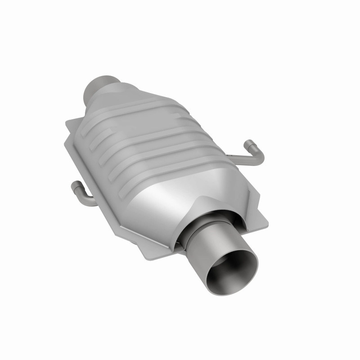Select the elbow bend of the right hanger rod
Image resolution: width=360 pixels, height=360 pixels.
[259, 157]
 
